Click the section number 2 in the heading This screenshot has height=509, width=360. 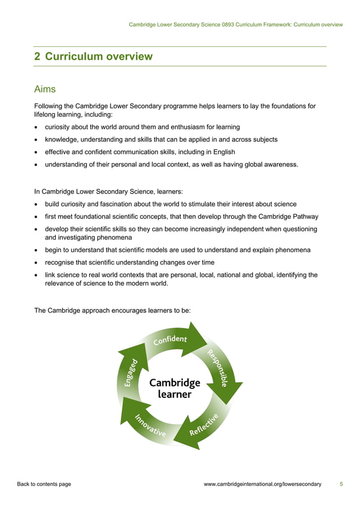coord(37,56)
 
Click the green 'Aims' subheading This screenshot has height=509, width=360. coord(45,89)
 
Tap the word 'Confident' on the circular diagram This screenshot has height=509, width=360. coord(170,340)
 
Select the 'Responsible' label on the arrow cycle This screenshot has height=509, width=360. coord(217,368)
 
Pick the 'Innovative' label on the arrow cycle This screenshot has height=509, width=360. coord(150,426)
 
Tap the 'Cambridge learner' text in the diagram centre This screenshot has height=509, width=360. coord(174,388)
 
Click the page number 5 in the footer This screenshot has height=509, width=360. coord(341,484)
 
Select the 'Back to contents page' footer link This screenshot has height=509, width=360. coord(44,484)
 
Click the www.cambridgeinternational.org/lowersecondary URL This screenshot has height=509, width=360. coord(262,484)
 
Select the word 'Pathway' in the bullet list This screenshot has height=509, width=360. coord(305,217)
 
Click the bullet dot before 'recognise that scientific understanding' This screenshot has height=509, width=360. coord(37,262)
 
